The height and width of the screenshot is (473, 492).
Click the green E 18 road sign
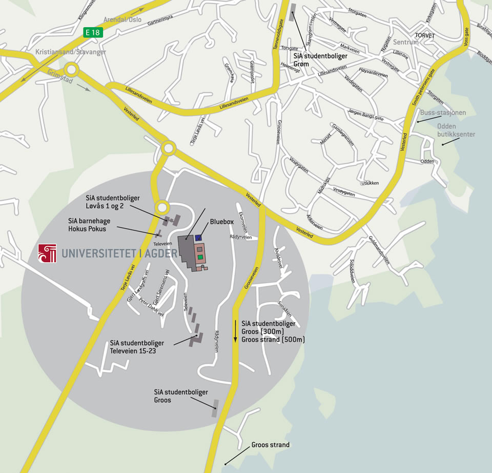(x=93, y=32)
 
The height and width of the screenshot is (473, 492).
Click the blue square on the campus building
(x=198, y=237)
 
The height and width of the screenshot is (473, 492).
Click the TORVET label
(x=425, y=36)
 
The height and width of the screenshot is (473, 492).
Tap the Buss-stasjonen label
(x=443, y=112)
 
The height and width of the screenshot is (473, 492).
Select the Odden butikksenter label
(x=456, y=131)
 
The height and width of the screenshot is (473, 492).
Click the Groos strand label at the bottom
(x=270, y=445)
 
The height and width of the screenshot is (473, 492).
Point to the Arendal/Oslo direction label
(x=122, y=19)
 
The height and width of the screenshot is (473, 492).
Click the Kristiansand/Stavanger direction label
(x=71, y=52)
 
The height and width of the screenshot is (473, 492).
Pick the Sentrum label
(x=405, y=42)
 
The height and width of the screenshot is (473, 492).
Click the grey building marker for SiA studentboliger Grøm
(x=293, y=15)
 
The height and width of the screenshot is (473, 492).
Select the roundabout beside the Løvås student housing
(x=162, y=207)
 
